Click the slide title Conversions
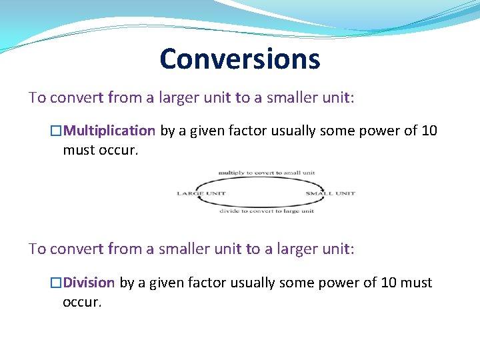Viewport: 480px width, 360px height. pos(240,59)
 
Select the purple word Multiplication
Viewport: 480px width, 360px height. pos(109,131)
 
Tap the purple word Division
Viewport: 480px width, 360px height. pos(89,283)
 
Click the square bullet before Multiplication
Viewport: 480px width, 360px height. pos(57,131)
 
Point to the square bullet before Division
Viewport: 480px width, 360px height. pos(57,283)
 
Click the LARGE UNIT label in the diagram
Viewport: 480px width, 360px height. pos(201,193)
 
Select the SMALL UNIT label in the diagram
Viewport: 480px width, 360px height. pos(330,193)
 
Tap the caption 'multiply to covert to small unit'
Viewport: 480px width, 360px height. pos(267,173)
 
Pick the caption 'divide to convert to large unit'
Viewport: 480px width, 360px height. pos(267,211)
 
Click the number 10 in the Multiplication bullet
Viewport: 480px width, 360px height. pos(429,131)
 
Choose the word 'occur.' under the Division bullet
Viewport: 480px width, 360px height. pos(83,302)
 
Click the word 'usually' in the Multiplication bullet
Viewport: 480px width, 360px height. pos(291,131)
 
